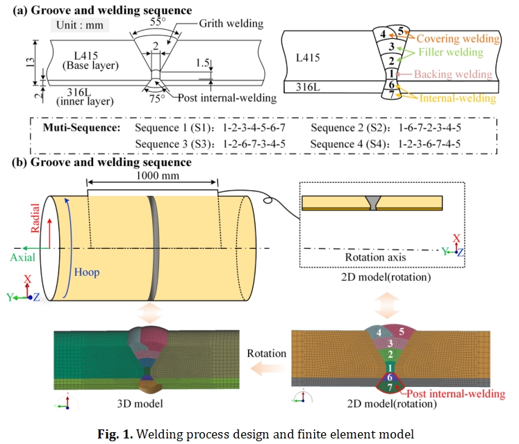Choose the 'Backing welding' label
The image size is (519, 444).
[453, 74]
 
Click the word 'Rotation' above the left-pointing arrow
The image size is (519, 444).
[267, 353]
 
